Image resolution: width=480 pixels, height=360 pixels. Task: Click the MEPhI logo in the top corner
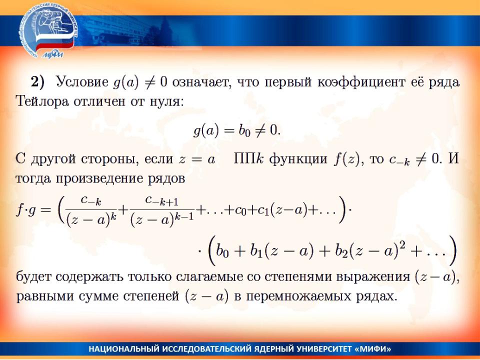[48, 32]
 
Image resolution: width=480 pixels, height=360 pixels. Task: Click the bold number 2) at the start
[37, 82]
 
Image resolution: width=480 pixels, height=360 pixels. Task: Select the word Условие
[82, 81]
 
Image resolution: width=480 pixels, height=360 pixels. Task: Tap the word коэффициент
[361, 82]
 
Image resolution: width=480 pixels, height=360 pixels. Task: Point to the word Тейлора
[42, 101]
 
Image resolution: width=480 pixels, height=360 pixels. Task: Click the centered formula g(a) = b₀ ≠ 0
[237, 130]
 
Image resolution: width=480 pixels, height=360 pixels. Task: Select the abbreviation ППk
[248, 159]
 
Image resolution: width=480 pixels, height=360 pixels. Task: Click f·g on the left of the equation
[25, 210]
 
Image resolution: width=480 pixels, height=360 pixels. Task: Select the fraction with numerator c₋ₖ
[91, 210]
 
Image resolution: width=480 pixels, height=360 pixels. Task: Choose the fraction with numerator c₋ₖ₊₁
[162, 210]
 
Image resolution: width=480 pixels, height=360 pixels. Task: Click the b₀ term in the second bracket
[222, 251]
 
